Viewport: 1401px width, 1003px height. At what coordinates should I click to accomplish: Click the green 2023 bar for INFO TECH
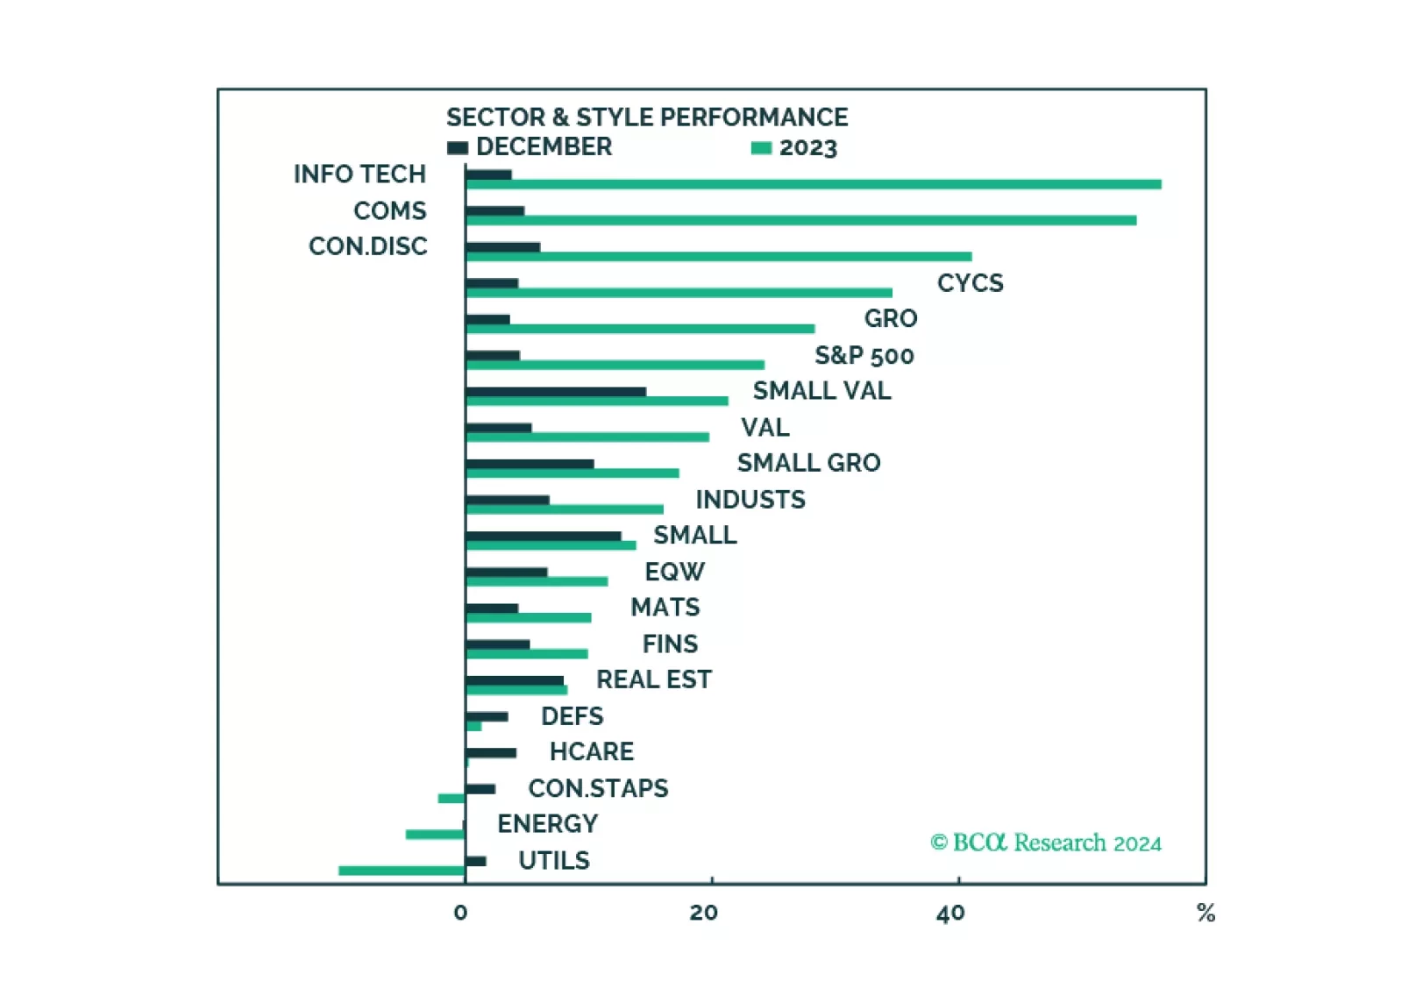[x=813, y=184]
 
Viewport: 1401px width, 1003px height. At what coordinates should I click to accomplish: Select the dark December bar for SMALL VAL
[x=556, y=392]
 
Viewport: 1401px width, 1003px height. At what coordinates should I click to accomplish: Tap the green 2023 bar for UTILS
[x=402, y=871]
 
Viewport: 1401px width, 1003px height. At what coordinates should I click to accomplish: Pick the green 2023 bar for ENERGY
[x=435, y=834]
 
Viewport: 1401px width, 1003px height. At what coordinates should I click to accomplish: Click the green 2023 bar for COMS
[x=800, y=220]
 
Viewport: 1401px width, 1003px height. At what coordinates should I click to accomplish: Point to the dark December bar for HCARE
[x=491, y=752]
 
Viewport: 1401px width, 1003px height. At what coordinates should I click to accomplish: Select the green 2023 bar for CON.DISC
[x=719, y=256]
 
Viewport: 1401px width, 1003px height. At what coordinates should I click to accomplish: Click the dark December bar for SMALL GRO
[x=530, y=464]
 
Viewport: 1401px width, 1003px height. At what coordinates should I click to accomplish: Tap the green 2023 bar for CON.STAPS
[x=451, y=798]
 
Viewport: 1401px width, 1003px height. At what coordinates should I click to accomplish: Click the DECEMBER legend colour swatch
[x=458, y=147]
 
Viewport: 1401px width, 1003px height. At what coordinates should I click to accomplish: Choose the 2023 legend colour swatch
[x=761, y=148]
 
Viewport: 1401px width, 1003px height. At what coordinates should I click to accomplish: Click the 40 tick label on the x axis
[x=950, y=914]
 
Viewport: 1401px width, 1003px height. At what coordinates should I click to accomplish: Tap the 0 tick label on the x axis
[x=460, y=913]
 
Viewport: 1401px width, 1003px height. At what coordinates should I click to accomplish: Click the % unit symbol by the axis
[x=1205, y=914]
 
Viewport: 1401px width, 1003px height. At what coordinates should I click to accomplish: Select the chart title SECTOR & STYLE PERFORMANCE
[x=647, y=117]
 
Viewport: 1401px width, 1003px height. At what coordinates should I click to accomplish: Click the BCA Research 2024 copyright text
[x=1045, y=843]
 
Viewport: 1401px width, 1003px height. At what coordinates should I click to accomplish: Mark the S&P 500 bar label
[x=864, y=355]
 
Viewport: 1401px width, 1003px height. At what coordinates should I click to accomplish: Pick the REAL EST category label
[x=653, y=679]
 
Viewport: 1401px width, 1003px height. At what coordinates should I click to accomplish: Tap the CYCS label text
[x=970, y=282]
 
